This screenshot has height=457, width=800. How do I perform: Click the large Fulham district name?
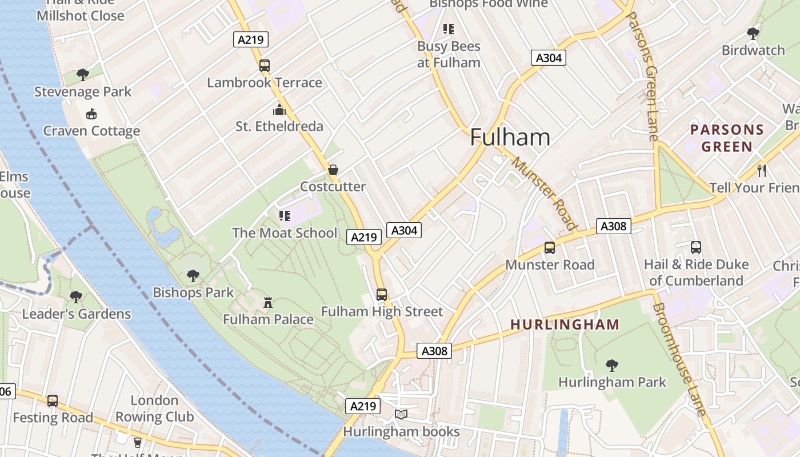(510, 137)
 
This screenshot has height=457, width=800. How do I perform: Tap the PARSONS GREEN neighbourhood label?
(727, 138)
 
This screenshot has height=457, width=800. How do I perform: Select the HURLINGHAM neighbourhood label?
(565, 324)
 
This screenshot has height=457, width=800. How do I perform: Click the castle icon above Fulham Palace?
(268, 302)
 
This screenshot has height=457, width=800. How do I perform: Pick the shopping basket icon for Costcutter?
(333, 170)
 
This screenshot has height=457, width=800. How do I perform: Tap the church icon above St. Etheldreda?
(279, 109)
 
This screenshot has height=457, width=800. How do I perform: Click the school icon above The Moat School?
(285, 215)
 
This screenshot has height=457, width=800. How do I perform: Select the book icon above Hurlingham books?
(402, 414)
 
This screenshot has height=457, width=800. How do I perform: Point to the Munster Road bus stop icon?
(550, 247)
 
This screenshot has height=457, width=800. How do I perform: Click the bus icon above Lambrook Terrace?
(264, 65)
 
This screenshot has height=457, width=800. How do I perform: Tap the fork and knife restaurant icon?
(761, 170)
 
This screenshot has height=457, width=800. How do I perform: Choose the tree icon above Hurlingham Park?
(612, 364)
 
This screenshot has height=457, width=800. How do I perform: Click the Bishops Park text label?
(193, 292)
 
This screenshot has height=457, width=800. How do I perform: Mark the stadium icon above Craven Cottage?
(91, 114)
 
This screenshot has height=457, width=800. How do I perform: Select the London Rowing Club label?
(154, 408)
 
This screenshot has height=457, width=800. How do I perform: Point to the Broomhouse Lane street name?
(679, 360)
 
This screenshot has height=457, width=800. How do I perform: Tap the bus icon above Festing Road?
(53, 400)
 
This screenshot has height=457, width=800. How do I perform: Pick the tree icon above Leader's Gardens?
(75, 296)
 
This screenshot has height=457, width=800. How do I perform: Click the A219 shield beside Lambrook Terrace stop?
(251, 39)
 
